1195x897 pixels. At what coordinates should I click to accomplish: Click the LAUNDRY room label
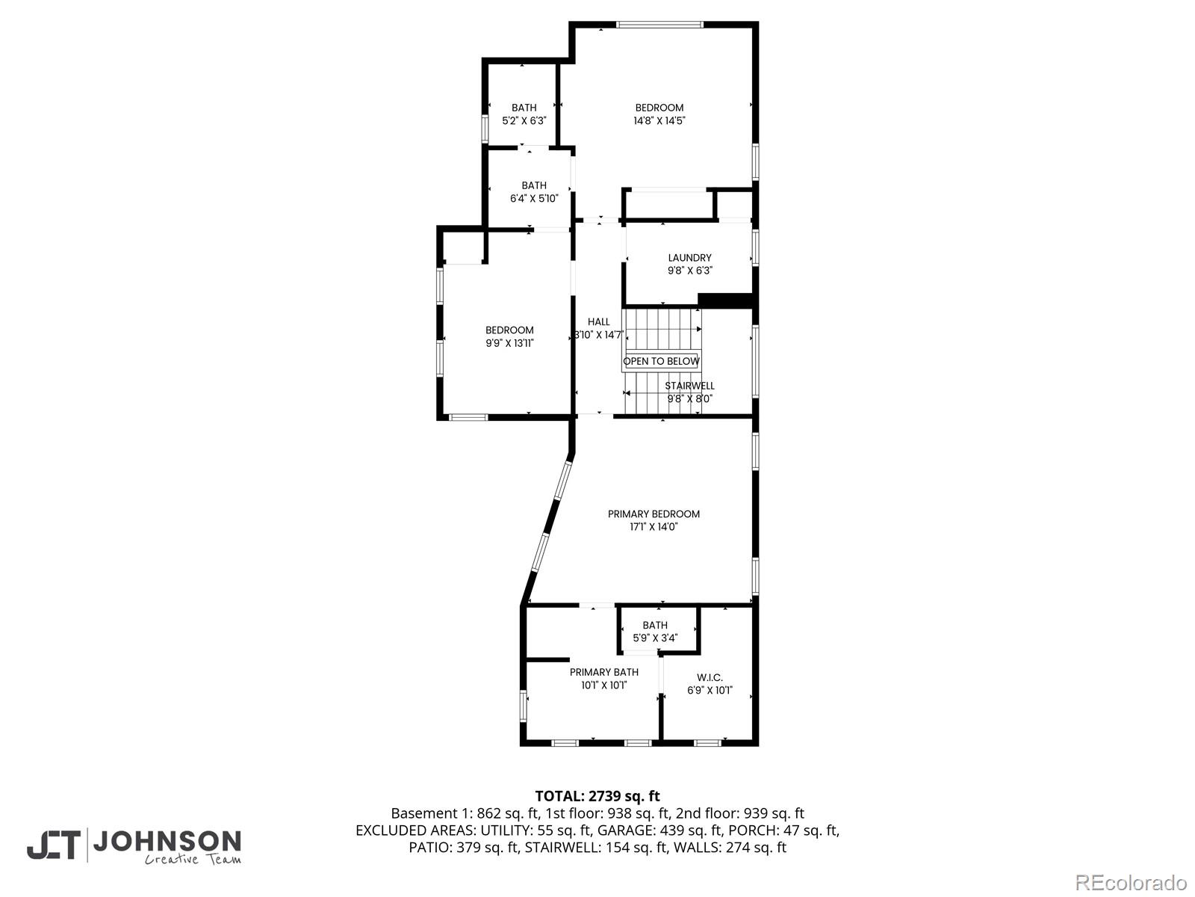coord(689,258)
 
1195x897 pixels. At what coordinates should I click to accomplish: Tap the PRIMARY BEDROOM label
coord(654,514)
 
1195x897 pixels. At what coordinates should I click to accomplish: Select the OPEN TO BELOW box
coord(661,361)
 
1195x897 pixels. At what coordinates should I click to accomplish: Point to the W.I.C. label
coord(709,678)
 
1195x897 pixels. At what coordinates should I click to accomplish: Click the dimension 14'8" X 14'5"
coord(659,120)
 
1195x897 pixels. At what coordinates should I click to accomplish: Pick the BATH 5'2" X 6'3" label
coord(524,108)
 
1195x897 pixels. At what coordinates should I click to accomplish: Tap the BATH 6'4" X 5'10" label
coord(533,185)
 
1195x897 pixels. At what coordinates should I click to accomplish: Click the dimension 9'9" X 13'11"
coord(509,343)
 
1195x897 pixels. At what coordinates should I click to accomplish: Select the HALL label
coord(598,322)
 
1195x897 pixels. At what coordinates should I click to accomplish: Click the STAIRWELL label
coord(689,386)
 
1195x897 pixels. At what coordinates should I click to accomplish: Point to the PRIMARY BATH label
coord(603,672)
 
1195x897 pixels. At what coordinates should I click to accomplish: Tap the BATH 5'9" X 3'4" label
coord(655,626)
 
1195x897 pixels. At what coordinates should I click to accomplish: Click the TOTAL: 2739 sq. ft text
coord(597,796)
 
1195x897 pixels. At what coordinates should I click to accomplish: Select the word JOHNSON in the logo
coord(167,842)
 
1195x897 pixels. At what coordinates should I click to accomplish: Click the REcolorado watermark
coord(1131,882)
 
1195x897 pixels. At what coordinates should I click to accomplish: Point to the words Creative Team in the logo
coord(193,860)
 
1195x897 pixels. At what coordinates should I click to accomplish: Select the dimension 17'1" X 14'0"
coord(654,527)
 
